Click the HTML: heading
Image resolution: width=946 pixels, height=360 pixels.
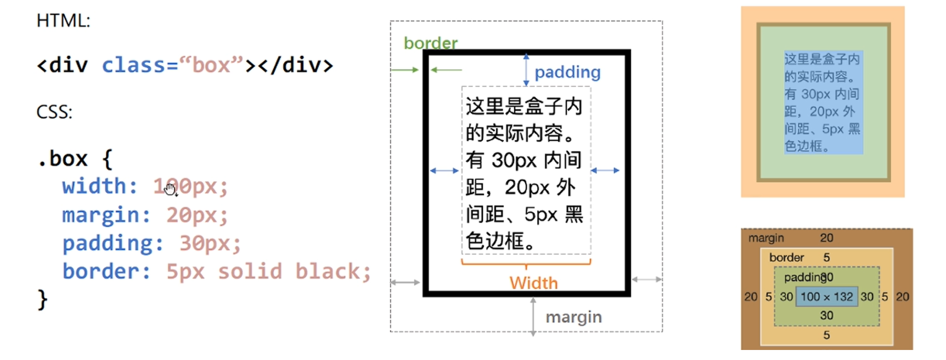63,21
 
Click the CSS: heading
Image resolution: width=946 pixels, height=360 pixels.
54,112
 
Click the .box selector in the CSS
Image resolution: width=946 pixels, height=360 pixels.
63,159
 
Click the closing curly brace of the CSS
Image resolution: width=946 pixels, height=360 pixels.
43,300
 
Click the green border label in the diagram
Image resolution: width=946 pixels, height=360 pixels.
430,43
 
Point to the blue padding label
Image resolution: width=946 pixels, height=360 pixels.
567,72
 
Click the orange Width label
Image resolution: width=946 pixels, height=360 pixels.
533,283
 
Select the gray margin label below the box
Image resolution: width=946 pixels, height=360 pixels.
574,317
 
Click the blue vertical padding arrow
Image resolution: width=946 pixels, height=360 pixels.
526,70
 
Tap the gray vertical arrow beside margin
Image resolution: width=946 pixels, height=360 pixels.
533,317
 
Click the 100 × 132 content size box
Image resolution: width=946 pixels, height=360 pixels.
827,296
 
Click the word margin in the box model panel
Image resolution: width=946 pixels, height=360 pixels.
766,238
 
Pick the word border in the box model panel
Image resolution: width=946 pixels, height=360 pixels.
787,257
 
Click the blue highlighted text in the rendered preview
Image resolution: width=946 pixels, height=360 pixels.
823,102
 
